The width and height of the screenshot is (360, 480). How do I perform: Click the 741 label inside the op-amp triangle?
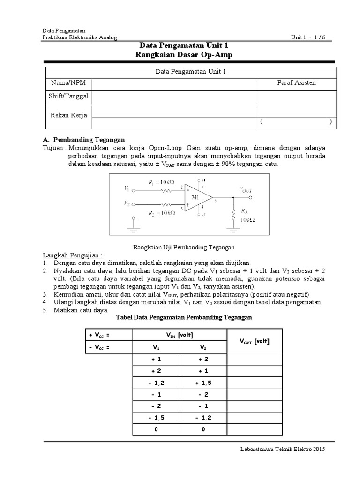coord(195,197)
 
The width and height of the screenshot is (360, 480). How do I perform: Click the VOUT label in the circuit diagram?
coord(246,190)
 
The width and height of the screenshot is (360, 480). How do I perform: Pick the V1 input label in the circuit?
coord(127,189)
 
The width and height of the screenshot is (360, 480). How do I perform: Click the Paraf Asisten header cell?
coord(296,83)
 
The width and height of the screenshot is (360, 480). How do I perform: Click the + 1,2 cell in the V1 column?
coord(156,382)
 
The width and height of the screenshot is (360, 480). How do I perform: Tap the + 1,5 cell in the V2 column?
coord(203,382)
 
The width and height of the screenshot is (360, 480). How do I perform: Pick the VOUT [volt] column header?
coord(255,341)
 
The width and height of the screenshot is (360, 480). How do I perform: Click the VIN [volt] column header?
coord(180,335)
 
